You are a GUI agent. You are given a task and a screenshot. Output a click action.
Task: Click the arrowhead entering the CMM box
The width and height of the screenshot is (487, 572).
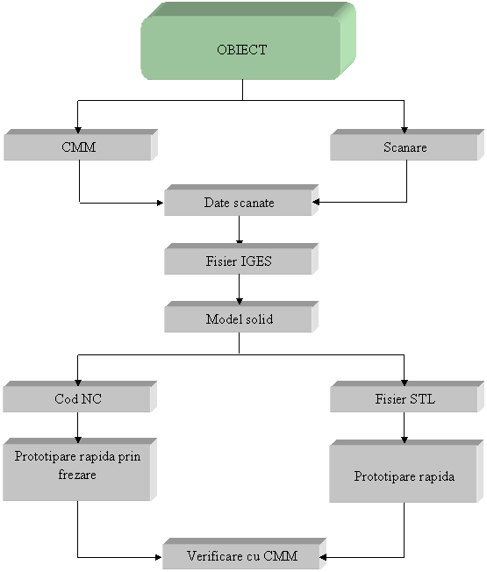[78, 130]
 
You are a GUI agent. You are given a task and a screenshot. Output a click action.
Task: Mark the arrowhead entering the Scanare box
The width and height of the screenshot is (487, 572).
[405, 130]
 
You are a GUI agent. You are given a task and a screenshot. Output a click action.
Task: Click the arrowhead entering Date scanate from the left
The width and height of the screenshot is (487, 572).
[161, 203]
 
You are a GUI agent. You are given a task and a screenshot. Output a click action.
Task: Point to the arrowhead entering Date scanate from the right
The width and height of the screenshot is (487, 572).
[316, 202]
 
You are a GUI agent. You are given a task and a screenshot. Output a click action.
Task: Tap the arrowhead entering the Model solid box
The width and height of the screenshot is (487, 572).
[240, 301]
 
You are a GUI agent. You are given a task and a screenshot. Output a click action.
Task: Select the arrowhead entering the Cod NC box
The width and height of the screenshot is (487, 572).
[78, 383]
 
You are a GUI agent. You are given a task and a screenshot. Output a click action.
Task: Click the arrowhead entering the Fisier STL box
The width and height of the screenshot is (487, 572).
[405, 383]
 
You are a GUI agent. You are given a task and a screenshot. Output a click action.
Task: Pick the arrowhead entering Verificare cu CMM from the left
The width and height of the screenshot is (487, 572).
[158, 557]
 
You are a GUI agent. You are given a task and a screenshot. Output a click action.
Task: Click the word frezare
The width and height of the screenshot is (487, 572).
[77, 475]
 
